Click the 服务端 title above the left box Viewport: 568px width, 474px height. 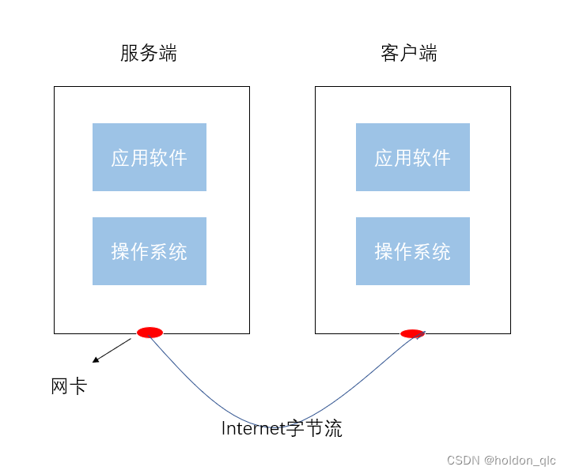pyautogui.click(x=149, y=53)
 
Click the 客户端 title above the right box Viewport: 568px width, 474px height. pyautogui.click(x=409, y=53)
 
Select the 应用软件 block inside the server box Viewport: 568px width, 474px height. pyautogui.click(x=150, y=157)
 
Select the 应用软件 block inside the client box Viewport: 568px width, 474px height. pyautogui.click(x=413, y=157)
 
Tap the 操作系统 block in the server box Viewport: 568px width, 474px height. pyautogui.click(x=150, y=251)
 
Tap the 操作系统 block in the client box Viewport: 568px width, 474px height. pyautogui.click(x=413, y=251)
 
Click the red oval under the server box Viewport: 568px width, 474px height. pyautogui.click(x=150, y=333)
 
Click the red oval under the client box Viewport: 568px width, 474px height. pyautogui.click(x=411, y=334)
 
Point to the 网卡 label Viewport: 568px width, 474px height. pyautogui.click(x=69, y=386)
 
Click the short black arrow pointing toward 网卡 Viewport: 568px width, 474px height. pyautogui.click(x=112, y=350)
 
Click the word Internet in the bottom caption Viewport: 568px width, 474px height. pyautogui.click(x=252, y=429)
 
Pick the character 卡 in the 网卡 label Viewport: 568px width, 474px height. pyautogui.click(x=78, y=386)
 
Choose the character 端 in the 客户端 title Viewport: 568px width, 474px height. pyautogui.click(x=428, y=53)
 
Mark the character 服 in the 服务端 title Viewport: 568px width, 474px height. pyautogui.click(x=130, y=53)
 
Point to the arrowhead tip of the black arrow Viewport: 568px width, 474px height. pyautogui.click(x=93, y=362)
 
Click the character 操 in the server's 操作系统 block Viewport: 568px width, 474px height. pyautogui.click(x=120, y=251)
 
